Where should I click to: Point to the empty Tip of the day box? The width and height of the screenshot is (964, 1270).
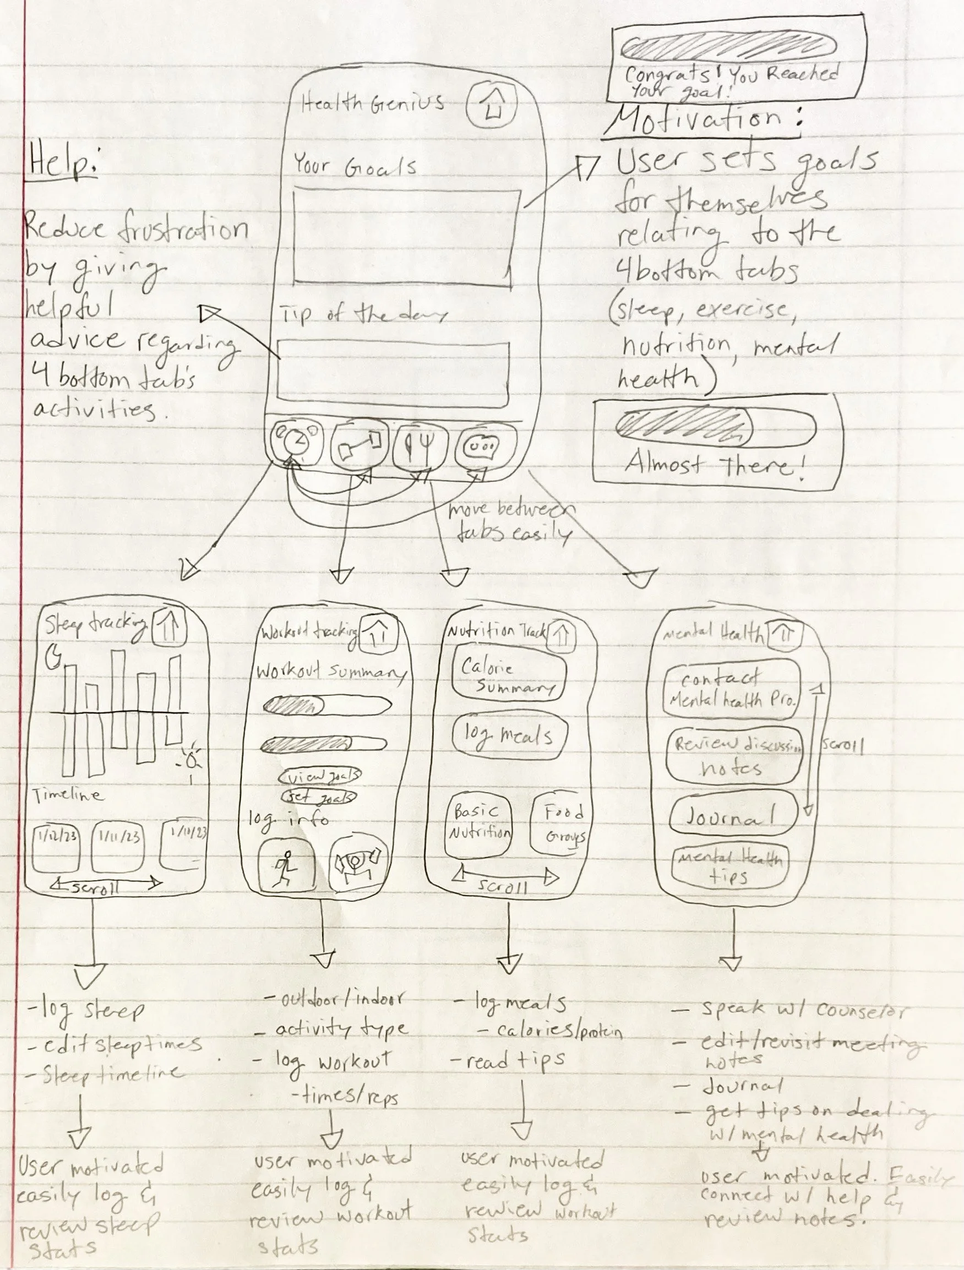point(393,370)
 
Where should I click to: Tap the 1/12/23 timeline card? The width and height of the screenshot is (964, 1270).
point(56,848)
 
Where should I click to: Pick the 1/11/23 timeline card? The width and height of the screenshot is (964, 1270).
point(119,848)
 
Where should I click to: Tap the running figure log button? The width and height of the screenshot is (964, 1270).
point(286,865)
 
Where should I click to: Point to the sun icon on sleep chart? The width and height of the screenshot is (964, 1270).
point(192,759)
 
